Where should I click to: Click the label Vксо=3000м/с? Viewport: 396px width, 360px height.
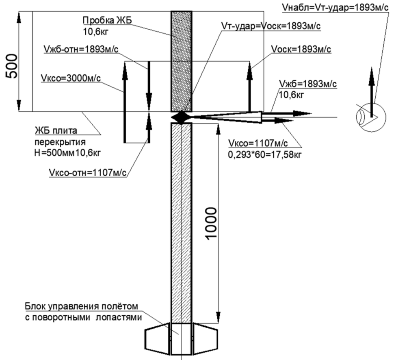[x=71, y=78]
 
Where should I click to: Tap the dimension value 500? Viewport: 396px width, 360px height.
[x=12, y=66]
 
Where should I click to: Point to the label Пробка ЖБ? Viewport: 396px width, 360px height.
[x=107, y=20]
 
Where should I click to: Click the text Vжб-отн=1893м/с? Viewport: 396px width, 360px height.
[x=81, y=49]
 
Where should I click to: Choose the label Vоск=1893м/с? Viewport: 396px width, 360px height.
[x=301, y=49]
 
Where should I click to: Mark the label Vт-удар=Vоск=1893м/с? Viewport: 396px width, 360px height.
[x=271, y=26]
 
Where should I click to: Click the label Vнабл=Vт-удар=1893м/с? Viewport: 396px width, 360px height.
[x=335, y=7]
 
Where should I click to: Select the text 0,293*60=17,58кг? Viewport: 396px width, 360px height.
[x=265, y=154]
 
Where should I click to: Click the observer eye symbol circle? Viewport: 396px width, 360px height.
[x=371, y=117]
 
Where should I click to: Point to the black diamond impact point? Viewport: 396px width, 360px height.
[x=181, y=117]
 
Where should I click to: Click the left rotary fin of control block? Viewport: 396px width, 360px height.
[x=157, y=338]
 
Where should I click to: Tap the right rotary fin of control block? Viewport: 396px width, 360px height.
[x=206, y=338]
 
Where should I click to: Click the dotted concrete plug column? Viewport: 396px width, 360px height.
[x=181, y=61]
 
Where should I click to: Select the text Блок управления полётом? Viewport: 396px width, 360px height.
[x=82, y=306]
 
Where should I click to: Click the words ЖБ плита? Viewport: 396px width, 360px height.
[x=56, y=130]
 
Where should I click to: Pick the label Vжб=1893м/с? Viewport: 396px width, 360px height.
[x=307, y=84]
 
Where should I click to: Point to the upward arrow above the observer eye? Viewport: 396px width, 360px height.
[x=371, y=92]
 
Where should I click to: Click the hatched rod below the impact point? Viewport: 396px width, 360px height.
[x=181, y=223]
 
